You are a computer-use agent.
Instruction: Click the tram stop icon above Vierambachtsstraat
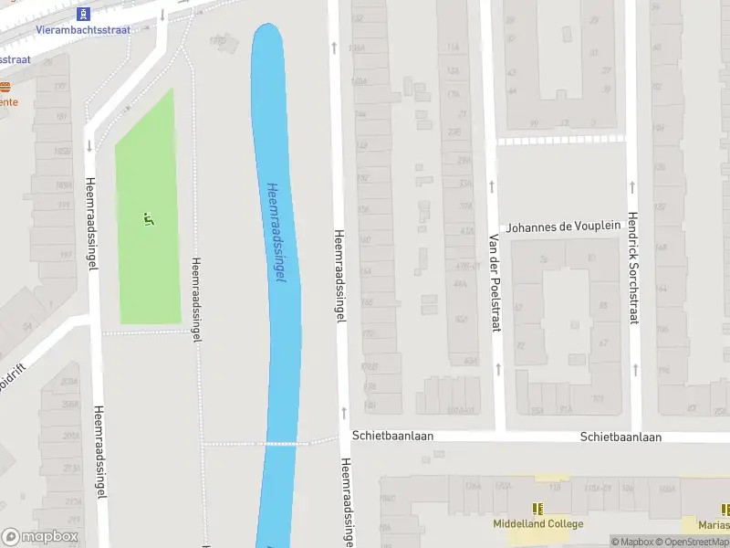click(84, 14)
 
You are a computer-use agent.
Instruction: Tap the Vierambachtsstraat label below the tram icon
click(83, 30)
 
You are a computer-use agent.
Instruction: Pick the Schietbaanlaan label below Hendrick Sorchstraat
click(620, 437)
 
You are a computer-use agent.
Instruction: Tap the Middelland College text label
click(537, 524)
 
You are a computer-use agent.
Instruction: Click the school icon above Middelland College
click(537, 509)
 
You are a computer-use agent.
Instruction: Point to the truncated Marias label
click(713, 524)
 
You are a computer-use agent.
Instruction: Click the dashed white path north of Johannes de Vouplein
click(560, 140)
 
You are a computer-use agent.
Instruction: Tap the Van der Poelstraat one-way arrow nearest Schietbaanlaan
click(498, 369)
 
